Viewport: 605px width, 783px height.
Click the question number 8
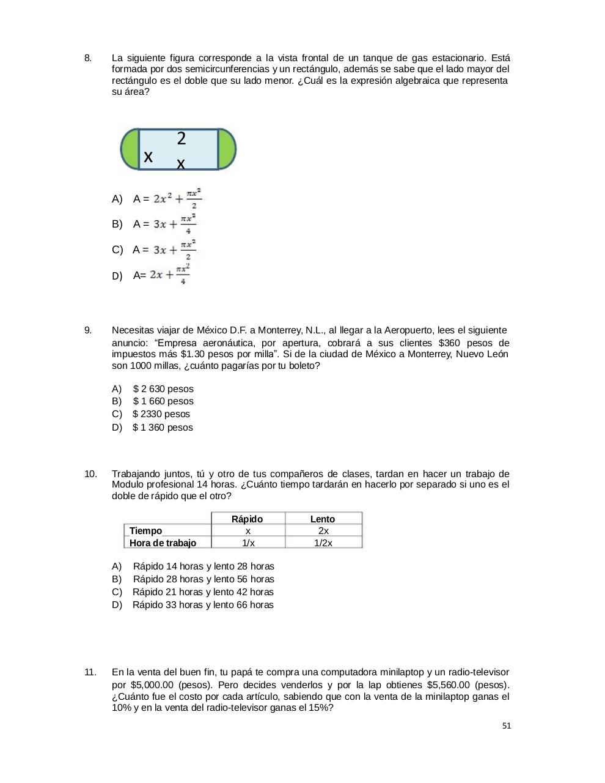pyautogui.click(x=88, y=58)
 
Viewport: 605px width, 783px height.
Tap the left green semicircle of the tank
pyautogui.click(x=130, y=149)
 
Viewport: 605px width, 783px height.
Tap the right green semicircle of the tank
pyautogui.click(x=227, y=149)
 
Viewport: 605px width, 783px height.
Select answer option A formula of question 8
pyautogui.click(x=177, y=198)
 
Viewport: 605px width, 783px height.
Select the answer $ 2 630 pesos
pyautogui.click(x=163, y=389)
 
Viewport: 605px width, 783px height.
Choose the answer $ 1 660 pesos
pyautogui.click(x=163, y=401)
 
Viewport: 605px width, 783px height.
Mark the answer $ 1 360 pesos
pyautogui.click(x=163, y=428)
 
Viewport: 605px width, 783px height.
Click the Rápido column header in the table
pyautogui.click(x=247, y=519)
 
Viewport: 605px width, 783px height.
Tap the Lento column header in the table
pyautogui.click(x=323, y=519)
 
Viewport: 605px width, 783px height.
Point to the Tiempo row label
pyautogui.click(x=146, y=531)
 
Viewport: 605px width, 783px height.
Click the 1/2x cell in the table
pyautogui.click(x=323, y=543)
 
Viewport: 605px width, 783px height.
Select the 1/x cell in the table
pyautogui.click(x=248, y=543)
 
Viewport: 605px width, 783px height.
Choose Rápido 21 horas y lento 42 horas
pyautogui.click(x=203, y=592)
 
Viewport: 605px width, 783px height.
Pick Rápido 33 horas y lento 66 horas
pyautogui.click(x=203, y=605)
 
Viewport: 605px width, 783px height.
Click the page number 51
pyautogui.click(x=507, y=726)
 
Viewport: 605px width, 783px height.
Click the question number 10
pyautogui.click(x=90, y=474)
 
